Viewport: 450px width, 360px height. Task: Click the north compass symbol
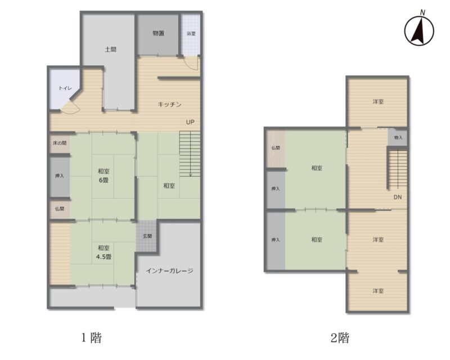tap(419, 30)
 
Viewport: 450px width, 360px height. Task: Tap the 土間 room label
tap(110, 49)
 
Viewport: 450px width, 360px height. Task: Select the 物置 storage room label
tap(159, 33)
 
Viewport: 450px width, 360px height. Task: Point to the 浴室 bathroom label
tap(191, 34)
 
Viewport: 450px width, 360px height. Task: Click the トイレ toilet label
tap(65, 88)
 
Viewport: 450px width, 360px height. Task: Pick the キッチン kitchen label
tap(170, 104)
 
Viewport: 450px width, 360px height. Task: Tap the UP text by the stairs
tap(190, 122)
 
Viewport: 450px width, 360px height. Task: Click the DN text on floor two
tap(398, 197)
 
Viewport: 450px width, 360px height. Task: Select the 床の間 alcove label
tap(60, 143)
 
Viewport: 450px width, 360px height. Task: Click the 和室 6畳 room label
tap(103, 175)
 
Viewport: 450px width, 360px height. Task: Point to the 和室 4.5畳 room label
tap(103, 253)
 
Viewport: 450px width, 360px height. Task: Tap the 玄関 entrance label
tap(147, 236)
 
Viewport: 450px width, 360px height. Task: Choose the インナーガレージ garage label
tap(170, 271)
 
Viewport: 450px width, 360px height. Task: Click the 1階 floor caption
tap(92, 338)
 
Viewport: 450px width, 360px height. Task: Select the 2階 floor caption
tap(340, 338)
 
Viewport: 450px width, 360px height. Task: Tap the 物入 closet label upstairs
tap(398, 137)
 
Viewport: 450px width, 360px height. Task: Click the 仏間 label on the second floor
tap(276, 148)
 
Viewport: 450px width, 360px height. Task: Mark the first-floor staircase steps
tap(190, 154)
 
